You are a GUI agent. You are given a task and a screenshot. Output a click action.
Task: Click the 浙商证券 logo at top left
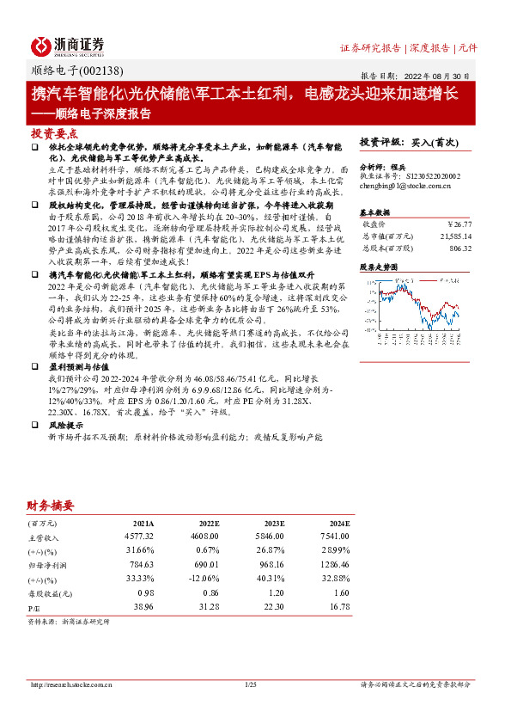69,46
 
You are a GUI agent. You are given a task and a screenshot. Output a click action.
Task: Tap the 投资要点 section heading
54,134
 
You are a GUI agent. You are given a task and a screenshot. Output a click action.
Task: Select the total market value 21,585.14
455,235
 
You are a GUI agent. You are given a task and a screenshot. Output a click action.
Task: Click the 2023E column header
275,523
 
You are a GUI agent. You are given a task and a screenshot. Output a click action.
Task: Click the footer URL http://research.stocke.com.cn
74,684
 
